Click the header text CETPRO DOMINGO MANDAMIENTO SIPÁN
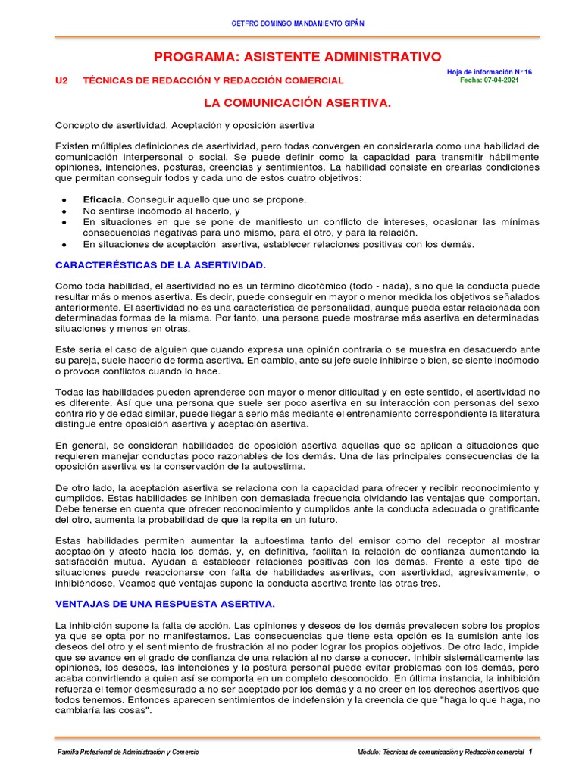[x=298, y=23]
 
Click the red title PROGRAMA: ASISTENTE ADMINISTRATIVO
[x=297, y=57]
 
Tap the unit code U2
[x=62, y=80]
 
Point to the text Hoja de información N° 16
[x=490, y=71]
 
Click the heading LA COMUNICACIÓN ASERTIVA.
[x=298, y=102]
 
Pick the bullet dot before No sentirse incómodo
[x=64, y=211]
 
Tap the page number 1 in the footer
[x=531, y=752]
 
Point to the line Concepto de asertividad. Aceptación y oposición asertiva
[x=185, y=124]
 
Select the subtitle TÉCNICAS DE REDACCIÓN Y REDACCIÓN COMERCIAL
[x=213, y=80]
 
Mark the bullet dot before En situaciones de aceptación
[x=64, y=245]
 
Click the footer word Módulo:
[x=371, y=753]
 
